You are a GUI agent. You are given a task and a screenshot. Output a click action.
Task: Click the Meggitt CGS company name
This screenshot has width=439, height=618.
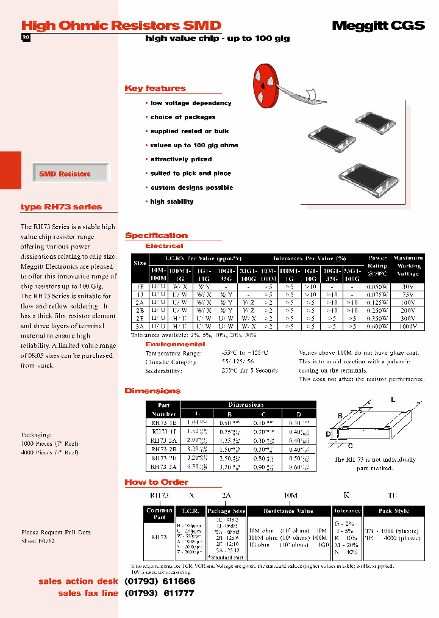(377, 25)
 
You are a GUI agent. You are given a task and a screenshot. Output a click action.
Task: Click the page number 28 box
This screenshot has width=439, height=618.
(26, 38)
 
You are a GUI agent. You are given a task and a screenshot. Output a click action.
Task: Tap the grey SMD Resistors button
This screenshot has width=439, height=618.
(65, 174)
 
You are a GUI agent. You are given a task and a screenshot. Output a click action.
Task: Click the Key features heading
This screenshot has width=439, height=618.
(155, 89)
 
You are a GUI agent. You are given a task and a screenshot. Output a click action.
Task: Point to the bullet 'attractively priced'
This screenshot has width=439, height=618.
(181, 159)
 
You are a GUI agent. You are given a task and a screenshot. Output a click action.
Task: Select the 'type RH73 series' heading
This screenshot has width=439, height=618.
(61, 207)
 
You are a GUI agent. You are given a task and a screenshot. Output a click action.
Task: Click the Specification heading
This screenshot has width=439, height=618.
(156, 236)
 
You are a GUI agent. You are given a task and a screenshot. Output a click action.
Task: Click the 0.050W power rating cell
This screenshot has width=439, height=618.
(377, 285)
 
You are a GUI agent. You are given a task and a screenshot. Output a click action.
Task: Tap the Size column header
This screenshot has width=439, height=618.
(140, 263)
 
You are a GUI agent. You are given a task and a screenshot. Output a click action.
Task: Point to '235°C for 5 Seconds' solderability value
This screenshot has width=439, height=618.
(249, 371)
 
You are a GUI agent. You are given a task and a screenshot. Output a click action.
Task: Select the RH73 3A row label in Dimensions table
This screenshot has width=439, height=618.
(163, 467)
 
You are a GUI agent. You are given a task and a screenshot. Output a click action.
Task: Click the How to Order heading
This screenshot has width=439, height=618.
(156, 482)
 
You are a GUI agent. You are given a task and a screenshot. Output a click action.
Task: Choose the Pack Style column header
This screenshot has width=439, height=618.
(393, 511)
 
